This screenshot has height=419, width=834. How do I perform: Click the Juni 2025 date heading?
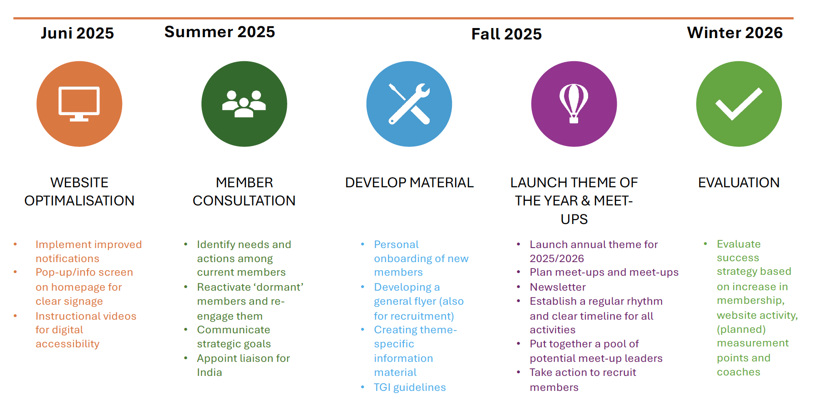pos(77,34)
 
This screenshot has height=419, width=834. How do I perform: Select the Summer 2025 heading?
pos(220,32)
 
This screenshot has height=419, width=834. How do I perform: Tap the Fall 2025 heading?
pos(506,34)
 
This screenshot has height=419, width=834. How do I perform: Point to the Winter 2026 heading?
pos(735,33)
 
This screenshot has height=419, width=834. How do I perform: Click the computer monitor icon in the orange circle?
pos(79,104)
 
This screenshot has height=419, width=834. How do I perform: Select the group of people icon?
pos(244,104)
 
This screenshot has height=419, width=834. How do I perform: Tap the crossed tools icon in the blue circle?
pos(409,104)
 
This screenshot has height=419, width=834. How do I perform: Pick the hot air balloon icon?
pos(574,104)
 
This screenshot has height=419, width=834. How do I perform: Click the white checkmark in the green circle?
pos(739,104)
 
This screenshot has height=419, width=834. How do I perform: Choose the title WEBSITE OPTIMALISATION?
pos(79,191)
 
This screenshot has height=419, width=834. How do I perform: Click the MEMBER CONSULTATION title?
pos(244,191)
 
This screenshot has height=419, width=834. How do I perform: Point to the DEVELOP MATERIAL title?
pos(409,182)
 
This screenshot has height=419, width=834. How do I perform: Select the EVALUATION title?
pos(739,182)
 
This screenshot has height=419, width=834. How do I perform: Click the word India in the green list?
pos(210,372)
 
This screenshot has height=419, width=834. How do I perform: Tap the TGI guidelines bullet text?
pos(410,387)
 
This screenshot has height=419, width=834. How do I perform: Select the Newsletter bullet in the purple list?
pos(558,287)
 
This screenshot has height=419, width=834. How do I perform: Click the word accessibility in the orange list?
pos(68,344)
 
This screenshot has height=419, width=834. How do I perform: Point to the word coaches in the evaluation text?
pos(738,372)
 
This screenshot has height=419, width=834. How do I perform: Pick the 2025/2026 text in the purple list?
pos(557,258)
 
